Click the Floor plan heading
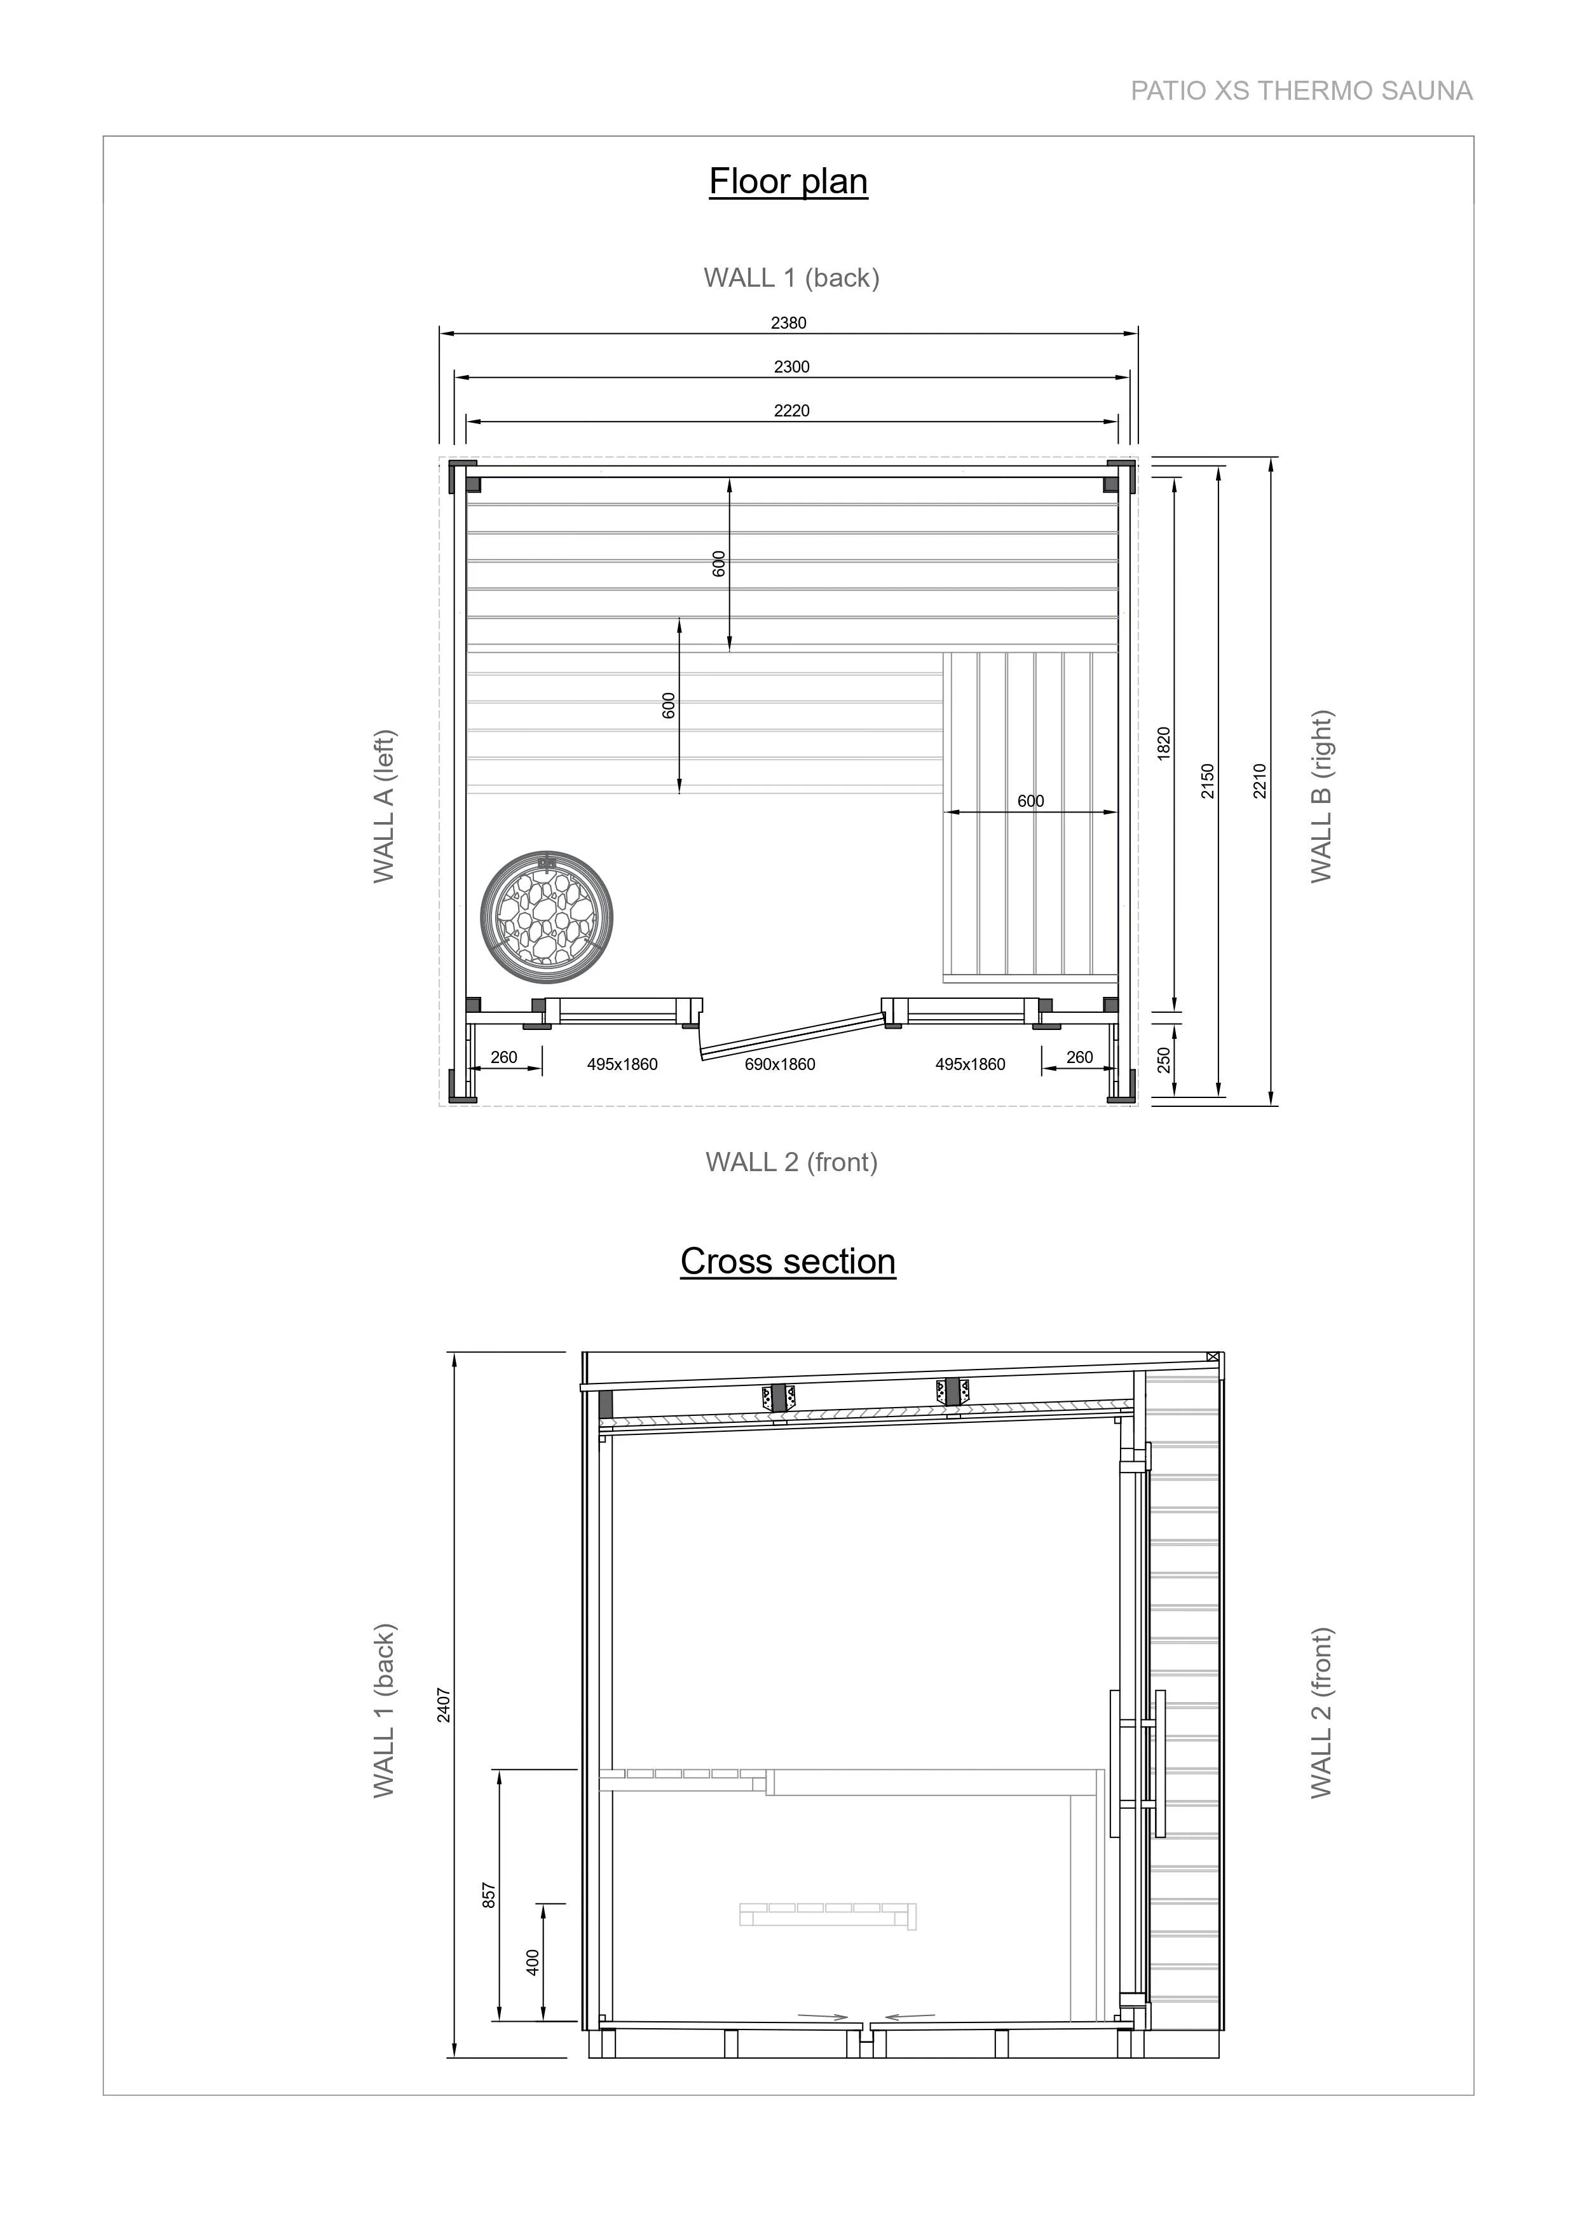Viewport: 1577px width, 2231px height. click(788, 182)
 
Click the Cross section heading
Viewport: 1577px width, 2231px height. click(788, 1261)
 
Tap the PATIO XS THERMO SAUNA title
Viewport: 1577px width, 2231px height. click(1301, 92)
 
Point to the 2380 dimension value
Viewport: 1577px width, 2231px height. click(789, 322)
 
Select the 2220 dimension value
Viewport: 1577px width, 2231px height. click(792, 411)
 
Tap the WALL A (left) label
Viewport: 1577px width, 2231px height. click(385, 806)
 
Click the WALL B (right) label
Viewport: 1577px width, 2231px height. click(1321, 797)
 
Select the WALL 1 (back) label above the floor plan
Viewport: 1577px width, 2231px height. click(792, 278)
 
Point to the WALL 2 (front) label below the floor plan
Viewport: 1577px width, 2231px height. click(792, 1162)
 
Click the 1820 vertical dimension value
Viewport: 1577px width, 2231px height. click(1164, 743)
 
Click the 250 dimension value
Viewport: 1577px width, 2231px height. click(1164, 1060)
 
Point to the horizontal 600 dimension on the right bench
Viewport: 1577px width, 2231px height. click(1031, 802)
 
